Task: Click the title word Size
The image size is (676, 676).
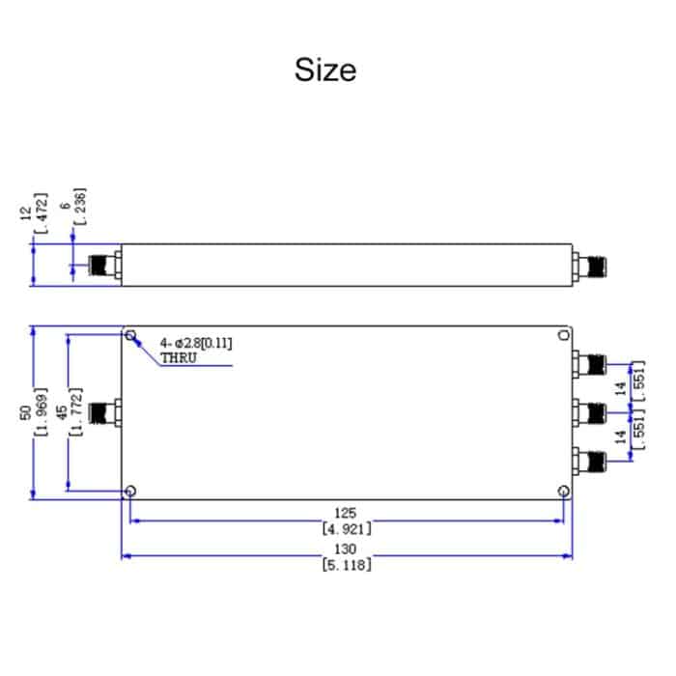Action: click(x=325, y=70)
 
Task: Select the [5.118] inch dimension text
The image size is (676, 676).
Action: click(x=346, y=565)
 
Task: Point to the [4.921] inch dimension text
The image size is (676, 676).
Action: click(x=346, y=528)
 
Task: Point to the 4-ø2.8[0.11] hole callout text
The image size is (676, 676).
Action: click(x=196, y=342)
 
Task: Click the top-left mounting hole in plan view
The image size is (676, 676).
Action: click(x=130, y=336)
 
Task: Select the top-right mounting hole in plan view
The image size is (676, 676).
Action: click(x=562, y=336)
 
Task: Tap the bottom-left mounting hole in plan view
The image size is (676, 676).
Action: click(x=130, y=491)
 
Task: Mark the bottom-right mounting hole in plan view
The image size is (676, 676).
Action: click(x=562, y=491)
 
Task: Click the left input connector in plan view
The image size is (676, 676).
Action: click(x=102, y=413)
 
